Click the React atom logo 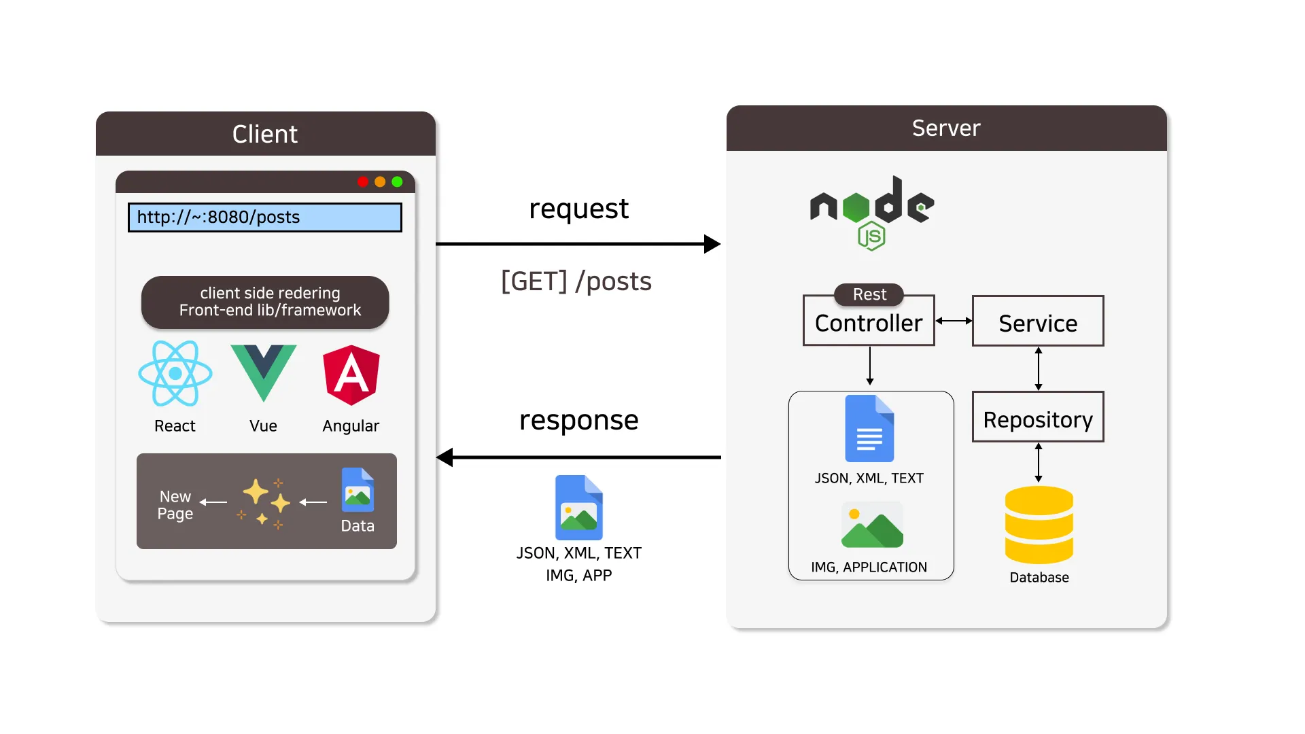175,373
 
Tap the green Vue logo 264,370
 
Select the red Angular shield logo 351,374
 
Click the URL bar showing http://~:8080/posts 265,217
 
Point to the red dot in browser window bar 363,181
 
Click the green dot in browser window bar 398,181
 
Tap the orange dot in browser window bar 380,181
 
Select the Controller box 869,323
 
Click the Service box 1038,321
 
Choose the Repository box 1038,417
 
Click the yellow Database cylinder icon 1039,525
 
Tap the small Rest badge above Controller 869,294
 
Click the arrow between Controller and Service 954,321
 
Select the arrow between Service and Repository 1039,369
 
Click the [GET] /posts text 576,281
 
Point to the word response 579,420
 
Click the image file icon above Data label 358,490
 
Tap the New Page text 175,505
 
